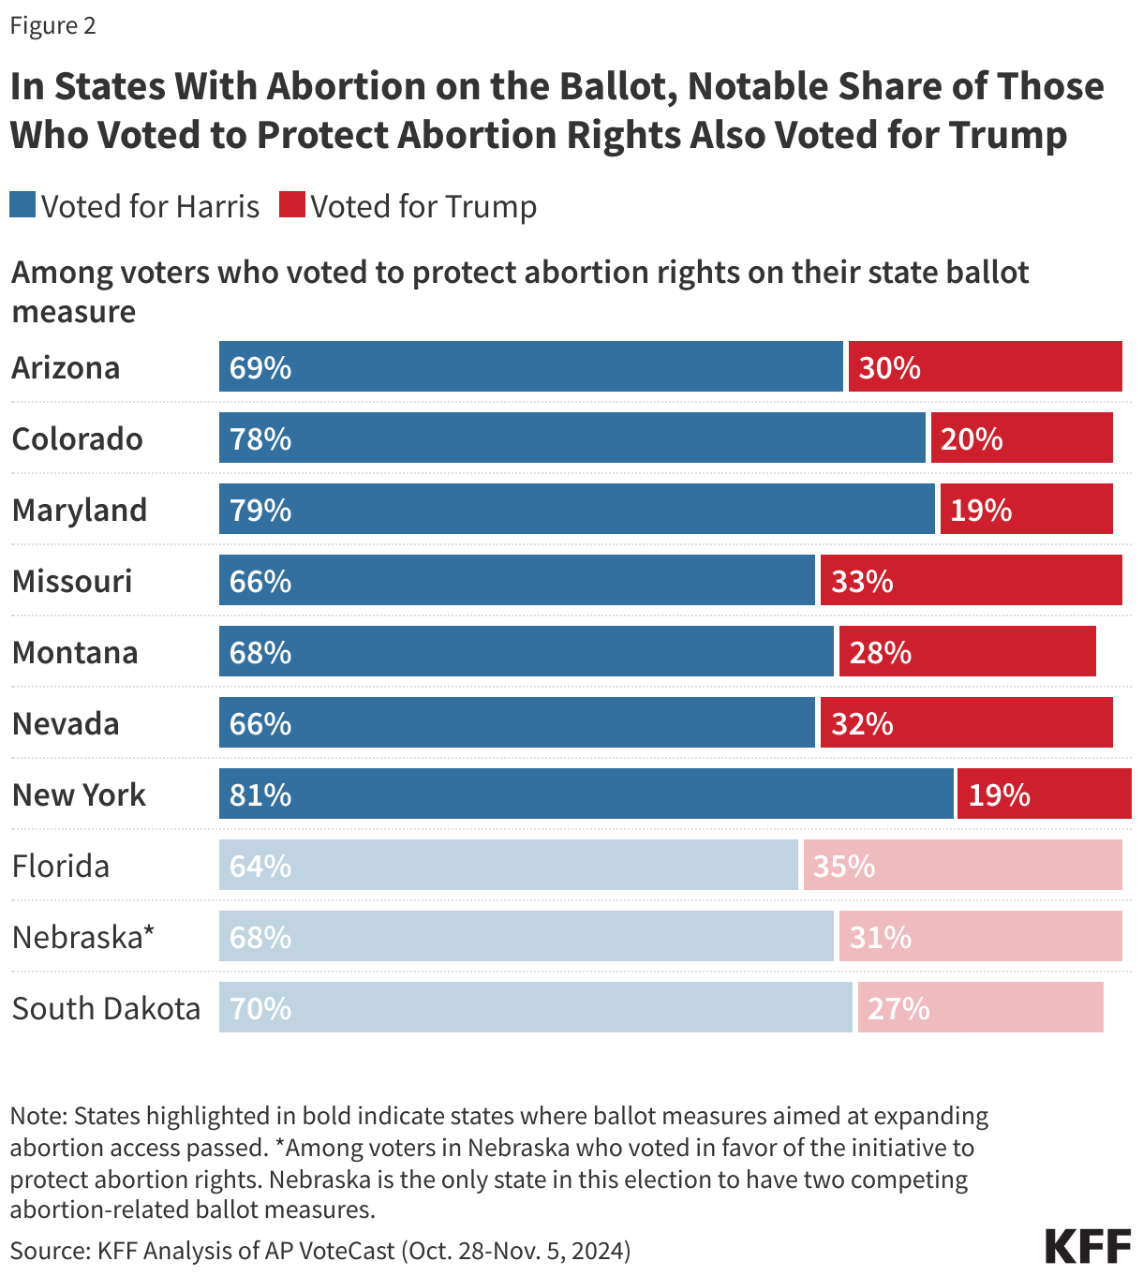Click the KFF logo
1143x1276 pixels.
1088,1247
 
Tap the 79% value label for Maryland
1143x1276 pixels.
260,510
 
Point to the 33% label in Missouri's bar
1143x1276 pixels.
862,581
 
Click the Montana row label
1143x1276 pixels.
75,652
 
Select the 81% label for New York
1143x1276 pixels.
260,794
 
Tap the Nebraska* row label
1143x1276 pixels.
82,937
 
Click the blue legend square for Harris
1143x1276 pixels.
22,205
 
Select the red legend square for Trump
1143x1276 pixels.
292,205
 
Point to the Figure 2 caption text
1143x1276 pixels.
52,25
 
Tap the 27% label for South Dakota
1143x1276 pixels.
898,1008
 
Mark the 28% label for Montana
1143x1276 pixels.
880,652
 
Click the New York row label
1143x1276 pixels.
79,794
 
